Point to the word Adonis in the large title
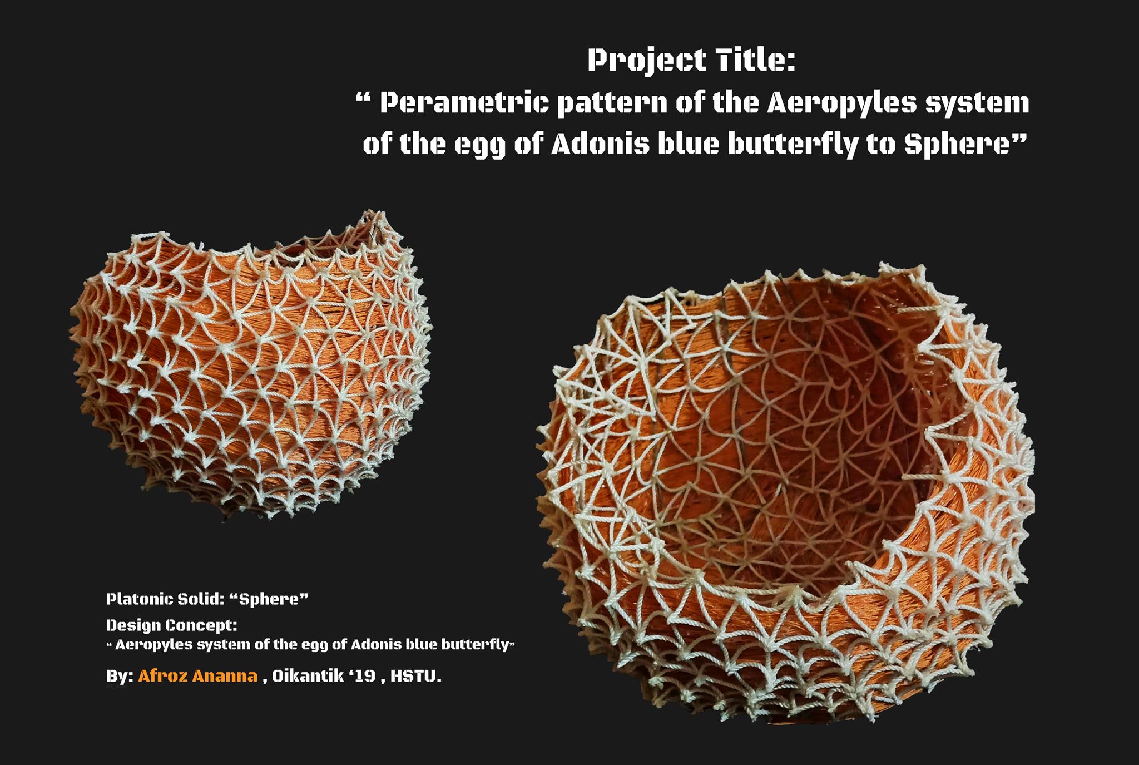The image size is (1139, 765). (601, 144)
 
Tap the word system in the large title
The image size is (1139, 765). (977, 104)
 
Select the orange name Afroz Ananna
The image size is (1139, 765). (198, 676)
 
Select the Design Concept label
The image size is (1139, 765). (171, 626)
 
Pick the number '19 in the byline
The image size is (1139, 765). (360, 677)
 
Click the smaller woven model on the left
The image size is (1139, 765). (250, 364)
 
